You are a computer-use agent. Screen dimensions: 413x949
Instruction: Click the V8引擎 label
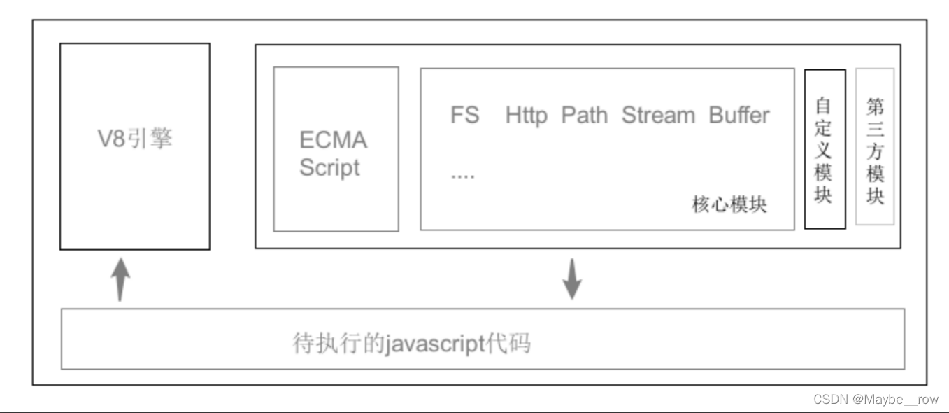point(134,139)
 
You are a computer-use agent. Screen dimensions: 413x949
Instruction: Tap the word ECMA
point(333,140)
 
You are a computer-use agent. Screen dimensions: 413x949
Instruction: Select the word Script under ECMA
point(329,168)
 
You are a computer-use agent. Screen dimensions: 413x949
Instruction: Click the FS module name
point(465,115)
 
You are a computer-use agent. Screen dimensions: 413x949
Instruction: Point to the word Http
point(527,115)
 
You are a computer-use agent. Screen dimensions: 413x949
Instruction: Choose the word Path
point(585,115)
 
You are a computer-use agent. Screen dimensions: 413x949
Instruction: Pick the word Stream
point(658,115)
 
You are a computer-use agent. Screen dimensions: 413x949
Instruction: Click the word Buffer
point(739,115)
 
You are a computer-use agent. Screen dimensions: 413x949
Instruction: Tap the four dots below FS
point(462,175)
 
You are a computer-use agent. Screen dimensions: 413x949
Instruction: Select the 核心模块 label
point(729,204)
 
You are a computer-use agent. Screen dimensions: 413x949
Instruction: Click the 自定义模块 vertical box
point(825,148)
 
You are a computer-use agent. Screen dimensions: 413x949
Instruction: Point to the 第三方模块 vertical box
point(875,146)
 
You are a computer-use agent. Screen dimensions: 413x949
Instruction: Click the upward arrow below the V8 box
point(121,278)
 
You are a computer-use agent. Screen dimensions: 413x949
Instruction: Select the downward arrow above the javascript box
point(573,279)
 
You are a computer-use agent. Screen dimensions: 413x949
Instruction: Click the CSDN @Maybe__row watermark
point(876,399)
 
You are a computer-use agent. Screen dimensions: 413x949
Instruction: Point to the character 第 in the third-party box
point(875,106)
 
